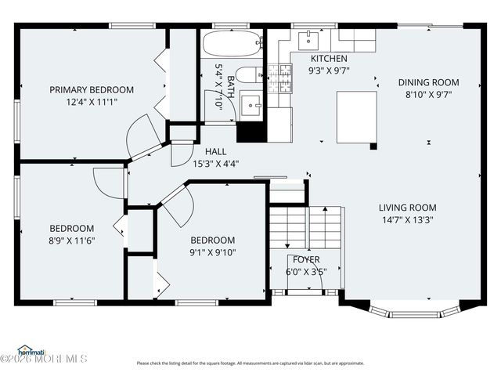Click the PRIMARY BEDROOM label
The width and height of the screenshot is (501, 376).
point(92,89)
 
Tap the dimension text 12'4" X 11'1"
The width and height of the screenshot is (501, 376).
point(92,103)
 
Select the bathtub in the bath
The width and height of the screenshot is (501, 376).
point(231,44)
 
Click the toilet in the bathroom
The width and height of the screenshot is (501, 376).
point(250,75)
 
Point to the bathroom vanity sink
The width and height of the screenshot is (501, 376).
point(251,105)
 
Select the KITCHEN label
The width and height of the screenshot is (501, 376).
point(330,59)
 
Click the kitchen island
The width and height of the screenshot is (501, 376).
point(356,117)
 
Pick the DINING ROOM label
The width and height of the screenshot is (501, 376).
point(428,82)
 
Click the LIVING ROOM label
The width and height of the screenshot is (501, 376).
point(407,208)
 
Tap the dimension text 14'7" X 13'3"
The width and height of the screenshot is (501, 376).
point(407,220)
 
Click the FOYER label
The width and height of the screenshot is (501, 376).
point(306,259)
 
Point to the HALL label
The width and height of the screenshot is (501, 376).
point(215,151)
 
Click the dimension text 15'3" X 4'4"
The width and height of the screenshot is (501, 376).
point(215,164)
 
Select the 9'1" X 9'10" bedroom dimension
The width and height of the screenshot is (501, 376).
point(212,252)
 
